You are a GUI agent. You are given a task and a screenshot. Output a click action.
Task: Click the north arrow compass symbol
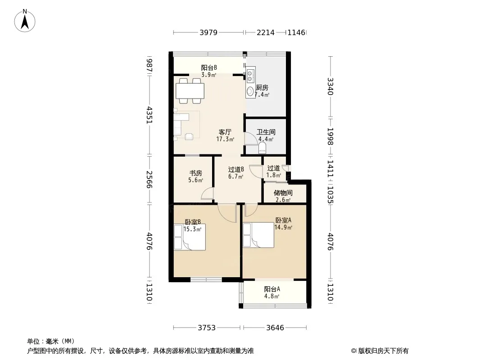25,21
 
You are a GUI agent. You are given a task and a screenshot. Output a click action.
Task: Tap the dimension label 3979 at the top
208,32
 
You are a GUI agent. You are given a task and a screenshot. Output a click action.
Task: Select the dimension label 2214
266,32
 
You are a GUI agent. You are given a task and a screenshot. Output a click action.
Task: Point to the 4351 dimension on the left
149,115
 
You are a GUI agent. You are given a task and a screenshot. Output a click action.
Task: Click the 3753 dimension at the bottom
207,328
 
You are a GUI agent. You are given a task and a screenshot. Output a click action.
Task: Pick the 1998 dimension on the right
330,136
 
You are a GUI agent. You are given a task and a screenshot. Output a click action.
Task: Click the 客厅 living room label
225,132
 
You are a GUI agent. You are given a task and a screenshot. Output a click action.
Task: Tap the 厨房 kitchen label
262,87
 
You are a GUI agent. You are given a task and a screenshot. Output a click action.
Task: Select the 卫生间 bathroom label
266,132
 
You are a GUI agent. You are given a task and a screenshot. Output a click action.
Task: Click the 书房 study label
195,173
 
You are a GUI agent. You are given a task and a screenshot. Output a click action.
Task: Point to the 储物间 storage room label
283,193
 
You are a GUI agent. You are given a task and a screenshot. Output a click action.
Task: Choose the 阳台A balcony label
272,289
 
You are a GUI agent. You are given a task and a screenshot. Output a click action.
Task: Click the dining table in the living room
190,90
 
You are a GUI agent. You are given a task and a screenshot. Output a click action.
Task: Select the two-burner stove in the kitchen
250,76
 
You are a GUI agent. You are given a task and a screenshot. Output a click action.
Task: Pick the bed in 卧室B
190,237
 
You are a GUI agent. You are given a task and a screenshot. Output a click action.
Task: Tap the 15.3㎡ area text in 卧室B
192,229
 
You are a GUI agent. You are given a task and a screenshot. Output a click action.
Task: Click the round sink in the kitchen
250,91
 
